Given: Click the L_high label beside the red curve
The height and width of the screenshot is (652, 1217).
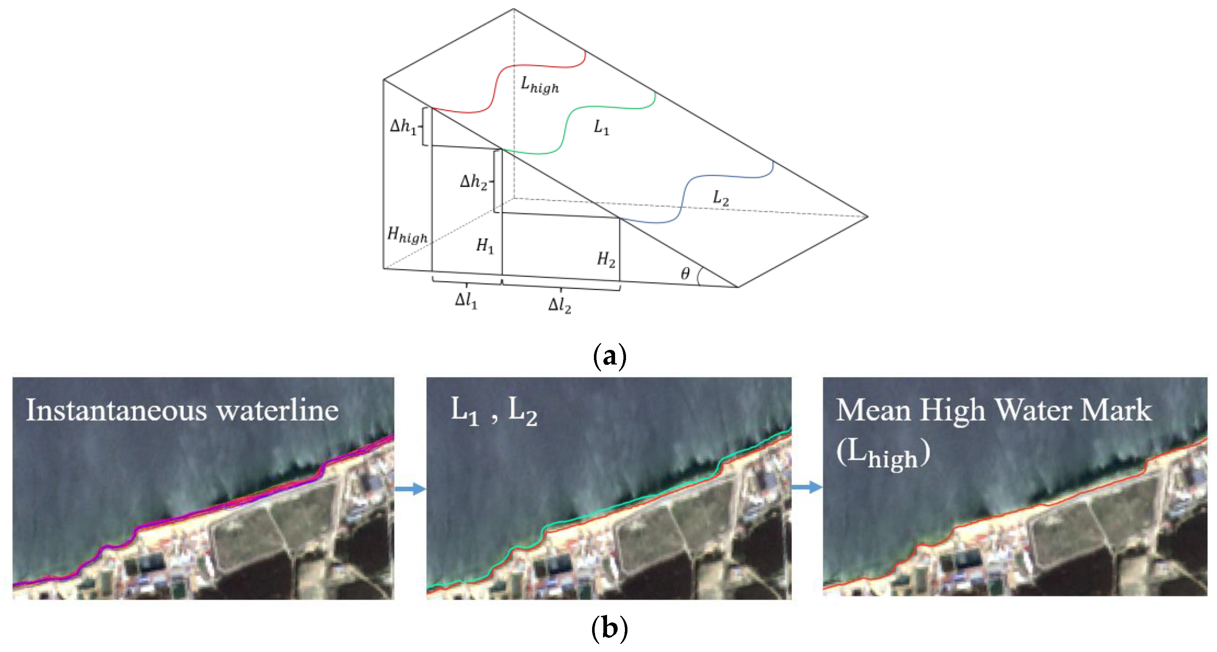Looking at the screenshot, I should coord(540,85).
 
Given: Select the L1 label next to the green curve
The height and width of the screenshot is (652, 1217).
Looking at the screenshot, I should coord(601,128).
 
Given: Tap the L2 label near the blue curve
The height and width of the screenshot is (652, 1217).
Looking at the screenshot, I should coord(720,198).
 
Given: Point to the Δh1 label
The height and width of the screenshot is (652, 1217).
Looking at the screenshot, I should coord(403,127).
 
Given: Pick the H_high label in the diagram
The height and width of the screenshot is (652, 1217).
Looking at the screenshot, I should coord(407,235).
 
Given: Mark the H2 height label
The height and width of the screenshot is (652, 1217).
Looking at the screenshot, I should coord(606,259).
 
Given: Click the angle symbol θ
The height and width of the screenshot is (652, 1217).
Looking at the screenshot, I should coord(685,273).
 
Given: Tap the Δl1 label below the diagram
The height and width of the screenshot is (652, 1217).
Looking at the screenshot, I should coord(466,301).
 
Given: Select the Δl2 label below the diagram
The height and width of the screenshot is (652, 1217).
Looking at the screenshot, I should coord(559,306).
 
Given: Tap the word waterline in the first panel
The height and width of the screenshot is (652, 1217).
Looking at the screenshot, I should coord(277,410).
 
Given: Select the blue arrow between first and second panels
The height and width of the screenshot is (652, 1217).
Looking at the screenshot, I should coord(410,488).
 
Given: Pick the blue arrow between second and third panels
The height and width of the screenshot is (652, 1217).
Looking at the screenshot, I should coord(807,487).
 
